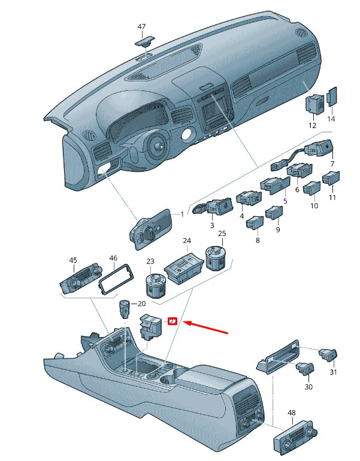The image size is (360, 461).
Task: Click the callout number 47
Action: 141,27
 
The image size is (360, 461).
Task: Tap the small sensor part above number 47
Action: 144,41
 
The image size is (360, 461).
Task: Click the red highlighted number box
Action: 172,322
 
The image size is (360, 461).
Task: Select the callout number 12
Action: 311,126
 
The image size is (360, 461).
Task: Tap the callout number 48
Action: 292,413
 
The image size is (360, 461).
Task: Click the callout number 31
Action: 333,372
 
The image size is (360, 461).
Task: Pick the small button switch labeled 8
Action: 254,223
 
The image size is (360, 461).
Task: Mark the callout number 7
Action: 332,163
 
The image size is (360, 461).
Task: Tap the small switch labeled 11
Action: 331,178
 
